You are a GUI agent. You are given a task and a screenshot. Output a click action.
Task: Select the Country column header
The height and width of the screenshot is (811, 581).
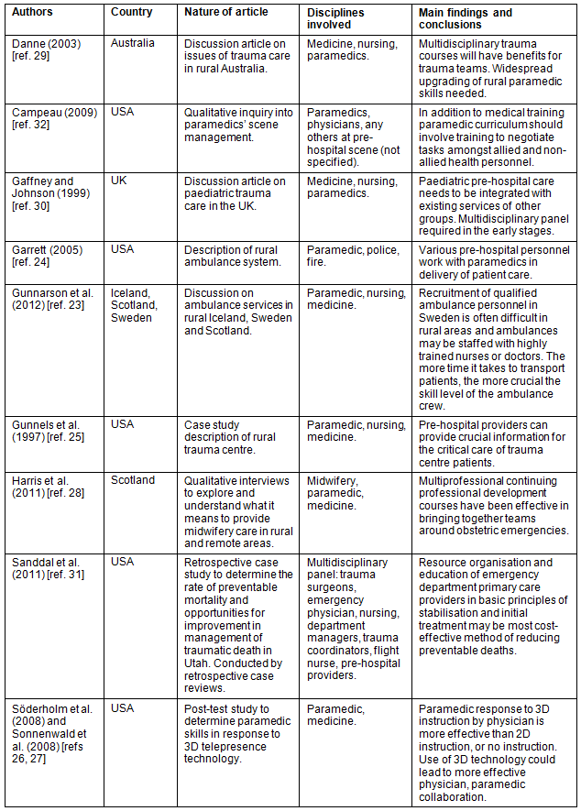tap(131, 13)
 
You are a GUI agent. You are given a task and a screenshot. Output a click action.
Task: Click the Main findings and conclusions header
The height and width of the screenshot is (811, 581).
tap(477, 18)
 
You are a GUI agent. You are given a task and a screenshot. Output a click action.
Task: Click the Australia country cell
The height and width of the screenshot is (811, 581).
tap(134, 44)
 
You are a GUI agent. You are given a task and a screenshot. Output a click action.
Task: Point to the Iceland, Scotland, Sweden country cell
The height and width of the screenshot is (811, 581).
tap(133, 306)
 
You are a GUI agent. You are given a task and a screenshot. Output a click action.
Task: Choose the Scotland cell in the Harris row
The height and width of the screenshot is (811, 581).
tap(133, 480)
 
